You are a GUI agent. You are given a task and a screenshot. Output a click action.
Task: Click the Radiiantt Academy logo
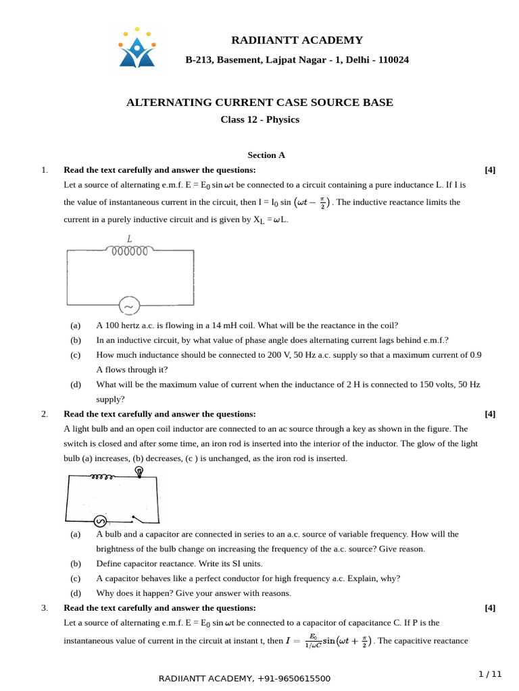point(137,49)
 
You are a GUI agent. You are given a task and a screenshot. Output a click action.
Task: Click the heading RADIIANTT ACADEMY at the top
point(297,40)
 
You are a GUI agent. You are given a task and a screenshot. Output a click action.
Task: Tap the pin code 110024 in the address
point(393,60)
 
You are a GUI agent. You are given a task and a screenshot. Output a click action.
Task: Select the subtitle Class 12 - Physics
point(259,120)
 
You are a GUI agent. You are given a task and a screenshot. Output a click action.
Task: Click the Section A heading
point(266,155)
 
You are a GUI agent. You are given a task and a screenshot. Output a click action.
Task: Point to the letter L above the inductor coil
point(129,238)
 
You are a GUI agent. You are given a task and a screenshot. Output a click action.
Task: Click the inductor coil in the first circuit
point(129,251)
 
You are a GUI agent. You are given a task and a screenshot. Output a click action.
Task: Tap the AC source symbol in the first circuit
point(128,306)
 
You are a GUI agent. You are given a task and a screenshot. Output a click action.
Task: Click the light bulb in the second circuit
point(140,473)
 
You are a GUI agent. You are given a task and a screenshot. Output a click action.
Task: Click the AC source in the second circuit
point(99,520)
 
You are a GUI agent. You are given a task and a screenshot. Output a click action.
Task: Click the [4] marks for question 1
point(490,170)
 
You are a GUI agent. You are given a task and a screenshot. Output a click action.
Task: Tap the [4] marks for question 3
point(490,608)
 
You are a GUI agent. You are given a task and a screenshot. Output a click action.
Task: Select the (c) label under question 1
point(76,355)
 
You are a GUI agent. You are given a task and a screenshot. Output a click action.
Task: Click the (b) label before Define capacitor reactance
point(76,563)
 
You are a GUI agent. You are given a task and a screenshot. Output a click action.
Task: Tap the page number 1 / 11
point(490,674)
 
